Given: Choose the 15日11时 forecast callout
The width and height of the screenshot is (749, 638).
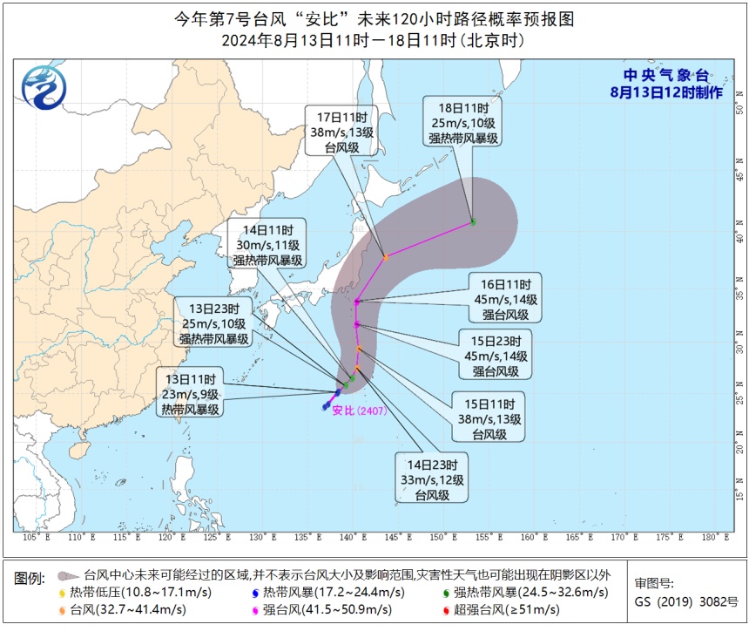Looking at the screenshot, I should (487, 419).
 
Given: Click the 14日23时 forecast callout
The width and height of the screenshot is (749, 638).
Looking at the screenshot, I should (432, 478).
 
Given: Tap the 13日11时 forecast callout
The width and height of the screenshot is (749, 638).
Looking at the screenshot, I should (191, 391).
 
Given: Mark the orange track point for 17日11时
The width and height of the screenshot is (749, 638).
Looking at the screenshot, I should (386, 256).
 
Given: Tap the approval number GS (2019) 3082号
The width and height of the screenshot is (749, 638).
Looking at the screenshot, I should (685, 601).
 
